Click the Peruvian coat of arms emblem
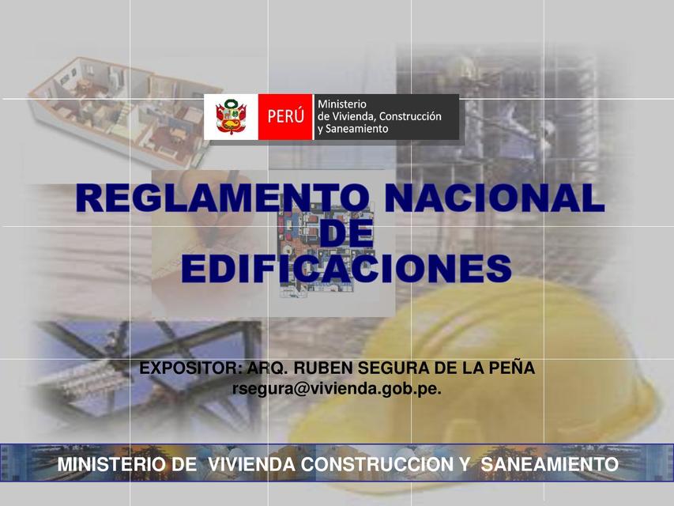232,117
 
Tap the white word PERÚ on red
286,117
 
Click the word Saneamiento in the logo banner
353,129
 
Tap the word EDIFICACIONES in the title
346,270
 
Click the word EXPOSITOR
190,368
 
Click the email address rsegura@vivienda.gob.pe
337,388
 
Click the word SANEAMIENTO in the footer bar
549,464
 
